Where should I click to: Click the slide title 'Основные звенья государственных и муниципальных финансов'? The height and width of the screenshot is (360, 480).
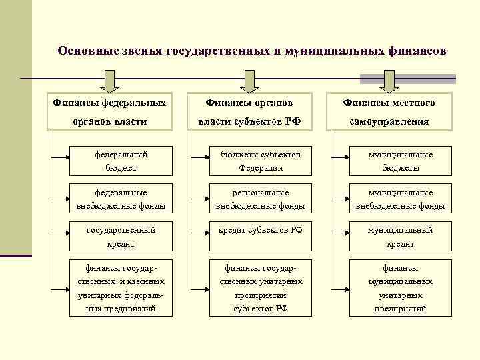click(x=251, y=51)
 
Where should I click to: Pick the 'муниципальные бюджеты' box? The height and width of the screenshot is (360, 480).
click(x=400, y=161)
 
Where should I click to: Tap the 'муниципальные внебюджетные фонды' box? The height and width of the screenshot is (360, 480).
click(x=400, y=199)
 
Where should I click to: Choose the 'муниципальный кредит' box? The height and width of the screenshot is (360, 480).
click(x=400, y=237)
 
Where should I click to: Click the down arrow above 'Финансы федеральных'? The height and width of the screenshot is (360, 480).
click(x=109, y=81)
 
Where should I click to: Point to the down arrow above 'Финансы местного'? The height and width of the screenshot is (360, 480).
click(x=389, y=81)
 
